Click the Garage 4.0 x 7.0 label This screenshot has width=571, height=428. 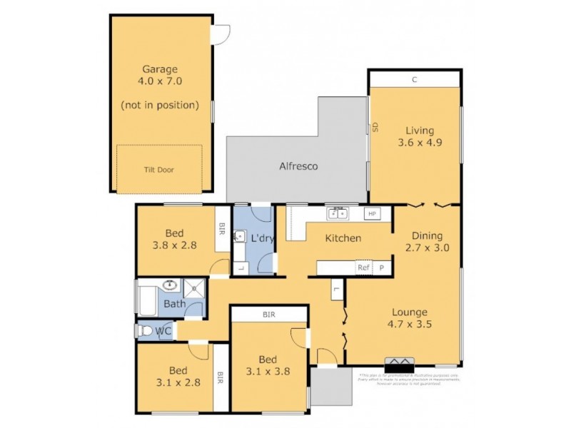[x=159, y=75]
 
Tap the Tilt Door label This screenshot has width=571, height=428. [x=159, y=170]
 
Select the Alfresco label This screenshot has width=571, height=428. [x=298, y=166]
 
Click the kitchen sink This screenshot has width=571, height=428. [x=338, y=213]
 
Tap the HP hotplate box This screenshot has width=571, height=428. [x=371, y=213]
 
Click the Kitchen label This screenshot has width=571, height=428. [x=343, y=238]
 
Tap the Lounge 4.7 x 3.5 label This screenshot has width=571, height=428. [x=409, y=318]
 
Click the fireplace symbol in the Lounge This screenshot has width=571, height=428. [x=400, y=362]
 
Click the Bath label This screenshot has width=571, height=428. [x=175, y=304]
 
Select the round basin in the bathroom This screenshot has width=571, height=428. [x=171, y=286]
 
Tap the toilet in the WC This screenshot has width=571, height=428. [x=146, y=331]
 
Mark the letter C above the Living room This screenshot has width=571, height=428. [x=414, y=80]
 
